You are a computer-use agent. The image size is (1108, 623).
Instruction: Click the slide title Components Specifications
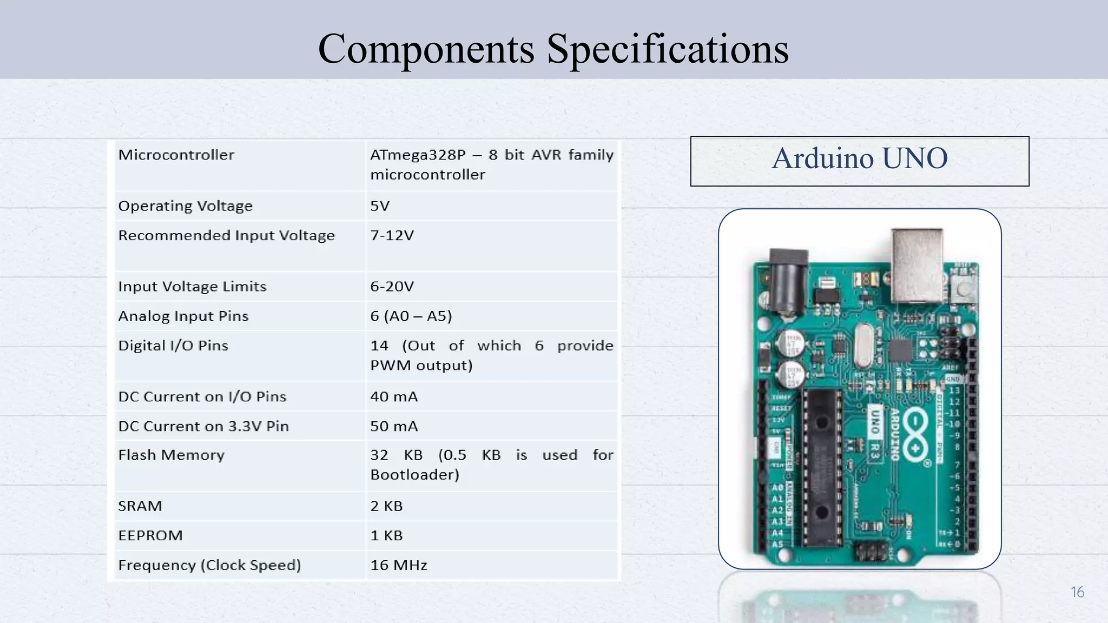tap(553, 49)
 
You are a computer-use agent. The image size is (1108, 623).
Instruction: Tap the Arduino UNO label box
tap(859, 161)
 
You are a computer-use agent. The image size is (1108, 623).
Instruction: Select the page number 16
tap(1077, 592)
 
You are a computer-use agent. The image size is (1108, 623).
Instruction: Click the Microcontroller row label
tap(176, 155)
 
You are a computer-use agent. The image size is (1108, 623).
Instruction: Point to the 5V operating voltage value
tap(380, 206)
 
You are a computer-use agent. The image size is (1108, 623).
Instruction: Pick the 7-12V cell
tap(392, 236)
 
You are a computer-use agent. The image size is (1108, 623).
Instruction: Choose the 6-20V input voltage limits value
tap(392, 287)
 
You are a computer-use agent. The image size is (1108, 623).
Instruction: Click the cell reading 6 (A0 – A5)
tap(411, 316)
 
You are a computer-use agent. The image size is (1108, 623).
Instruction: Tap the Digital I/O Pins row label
tap(173, 346)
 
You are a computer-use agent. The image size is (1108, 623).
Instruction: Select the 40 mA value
tap(394, 397)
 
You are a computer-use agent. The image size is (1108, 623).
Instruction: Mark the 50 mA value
tap(394, 427)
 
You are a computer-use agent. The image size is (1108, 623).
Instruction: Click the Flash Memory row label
tap(171, 455)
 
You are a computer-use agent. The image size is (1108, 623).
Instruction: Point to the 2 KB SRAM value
tap(386, 506)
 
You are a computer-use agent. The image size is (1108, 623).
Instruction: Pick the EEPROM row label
tap(150, 536)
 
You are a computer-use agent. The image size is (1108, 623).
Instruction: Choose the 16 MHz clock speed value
tap(399, 566)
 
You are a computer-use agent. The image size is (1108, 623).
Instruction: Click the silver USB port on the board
tap(917, 265)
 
